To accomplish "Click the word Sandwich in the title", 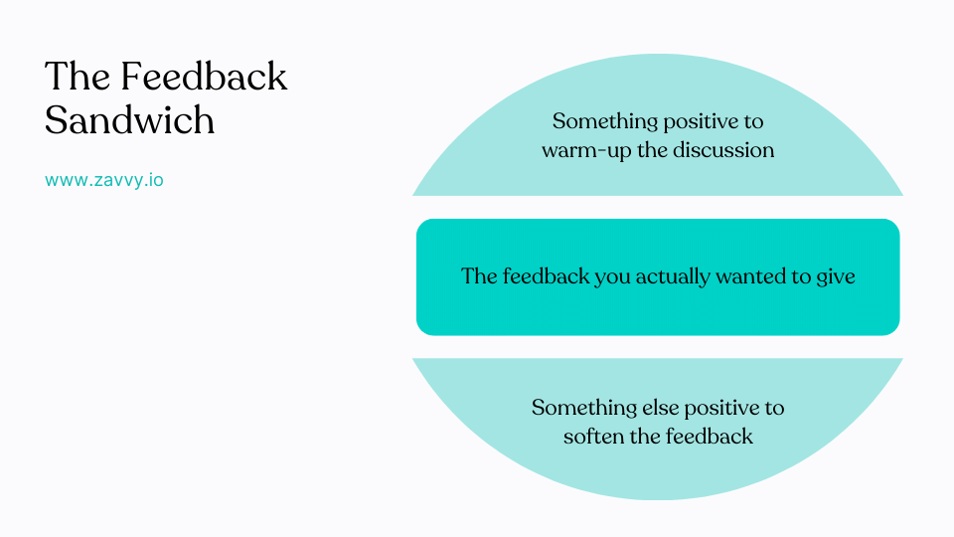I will click(129, 120).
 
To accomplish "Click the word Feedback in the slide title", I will click(203, 77).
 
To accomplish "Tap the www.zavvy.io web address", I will click(104, 181).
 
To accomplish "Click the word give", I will click(836, 276).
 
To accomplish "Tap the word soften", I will click(594, 437).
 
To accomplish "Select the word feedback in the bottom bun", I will click(708, 437).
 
